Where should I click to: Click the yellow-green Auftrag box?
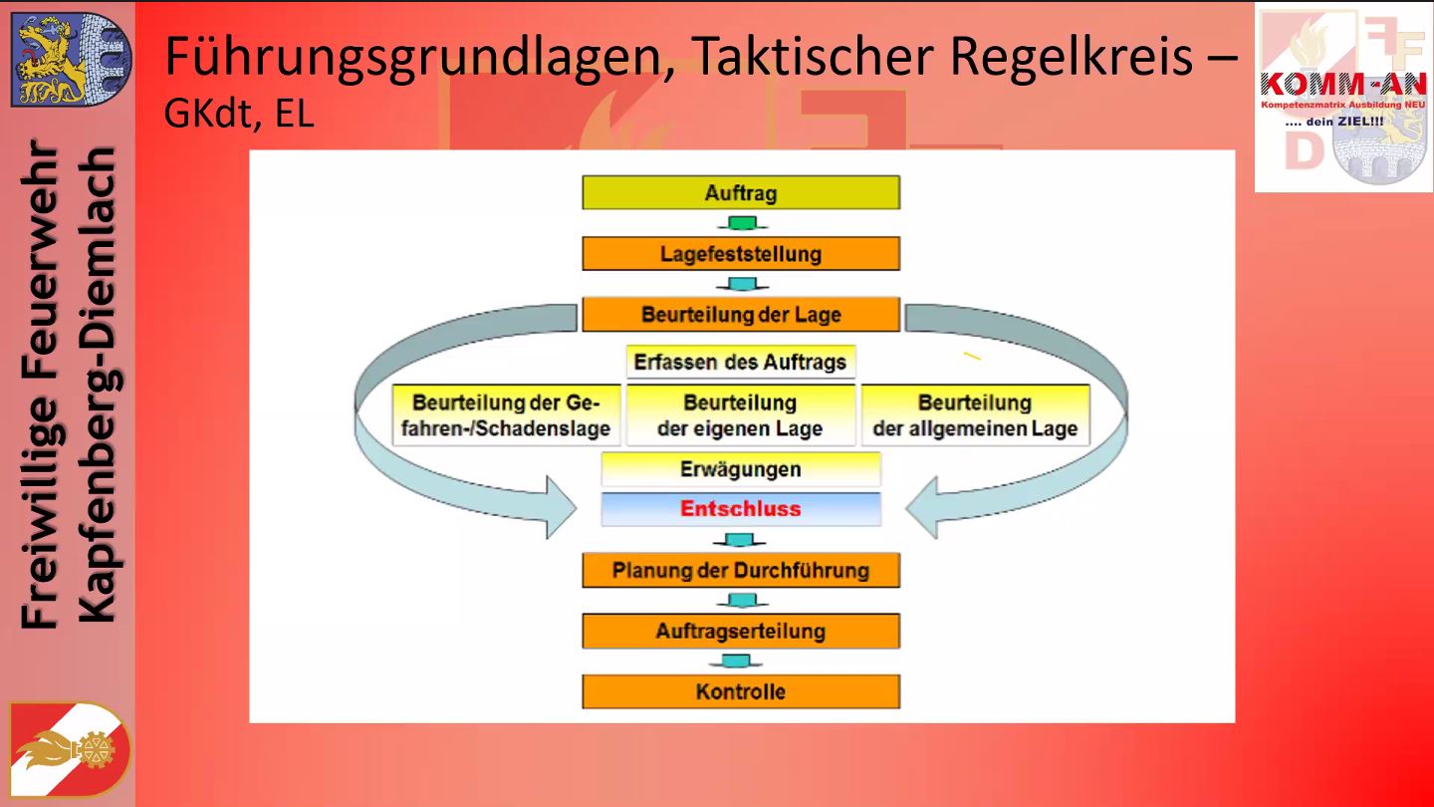[741, 192]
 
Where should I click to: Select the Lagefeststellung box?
[741, 254]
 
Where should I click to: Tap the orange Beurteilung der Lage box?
[741, 315]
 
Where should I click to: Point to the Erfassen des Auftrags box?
[741, 362]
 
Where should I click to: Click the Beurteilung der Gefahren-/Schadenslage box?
[506, 415]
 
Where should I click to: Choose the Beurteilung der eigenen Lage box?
[741, 415]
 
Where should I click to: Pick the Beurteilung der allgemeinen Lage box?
[976, 415]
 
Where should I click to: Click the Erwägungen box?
[741, 469]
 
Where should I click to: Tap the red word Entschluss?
[740, 508]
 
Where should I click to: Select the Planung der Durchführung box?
[741, 570]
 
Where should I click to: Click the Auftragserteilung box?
[741, 631]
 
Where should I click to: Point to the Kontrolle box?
[741, 691]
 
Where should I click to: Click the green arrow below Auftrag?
[742, 223]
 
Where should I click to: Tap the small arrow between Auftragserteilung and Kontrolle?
[737, 661]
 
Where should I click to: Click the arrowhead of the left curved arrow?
[561, 507]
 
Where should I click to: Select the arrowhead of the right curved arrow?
[922, 507]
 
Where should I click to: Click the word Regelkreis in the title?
[1072, 56]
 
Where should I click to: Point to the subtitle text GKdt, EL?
[239, 114]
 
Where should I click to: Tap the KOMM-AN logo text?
[1343, 84]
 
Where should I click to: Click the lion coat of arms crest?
[70, 60]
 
